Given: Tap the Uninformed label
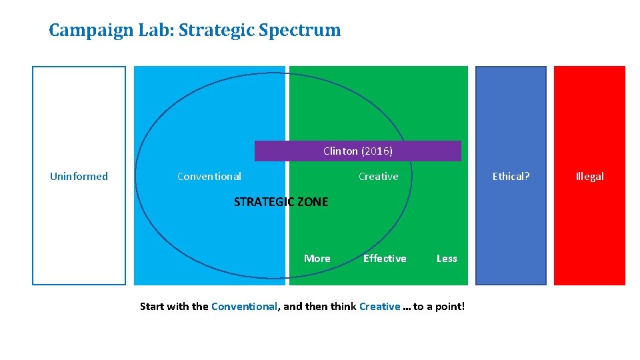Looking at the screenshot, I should pos(79,177).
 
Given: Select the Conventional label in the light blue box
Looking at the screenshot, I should pos(209,177).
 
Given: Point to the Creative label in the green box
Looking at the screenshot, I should pos(378,177).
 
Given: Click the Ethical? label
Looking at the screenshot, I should pos(511,177).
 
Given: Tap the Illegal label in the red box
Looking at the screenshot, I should pos(589,177).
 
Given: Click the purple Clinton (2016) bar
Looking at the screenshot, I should pos(357,151).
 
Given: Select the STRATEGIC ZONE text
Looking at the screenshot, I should pos(281,202).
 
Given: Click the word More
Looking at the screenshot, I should pos(317,259).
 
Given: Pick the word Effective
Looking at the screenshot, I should pos(385,259).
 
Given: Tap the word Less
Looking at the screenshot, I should pos(447,259).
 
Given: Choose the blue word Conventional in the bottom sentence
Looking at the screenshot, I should pos(244,307).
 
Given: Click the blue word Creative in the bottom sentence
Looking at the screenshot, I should pos(379,307).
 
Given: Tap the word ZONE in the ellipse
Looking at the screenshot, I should pos(311,202).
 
